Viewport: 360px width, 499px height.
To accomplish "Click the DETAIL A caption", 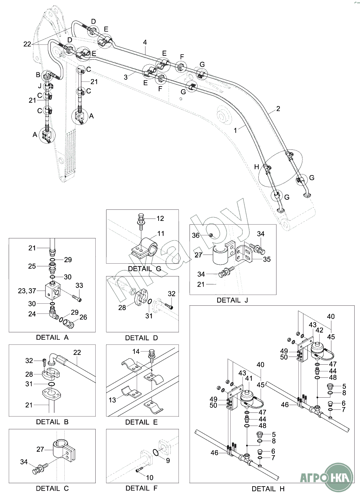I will tap(52, 337).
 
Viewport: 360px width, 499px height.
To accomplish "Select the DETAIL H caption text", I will tap(268, 489).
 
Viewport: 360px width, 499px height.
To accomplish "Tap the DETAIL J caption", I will tap(232, 300).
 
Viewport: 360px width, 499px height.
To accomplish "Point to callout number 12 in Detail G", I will tap(160, 219).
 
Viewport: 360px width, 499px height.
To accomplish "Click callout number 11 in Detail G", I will tap(161, 233).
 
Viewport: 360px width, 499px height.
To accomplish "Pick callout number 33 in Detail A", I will tap(79, 286).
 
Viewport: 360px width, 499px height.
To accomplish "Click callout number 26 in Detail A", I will tap(83, 317).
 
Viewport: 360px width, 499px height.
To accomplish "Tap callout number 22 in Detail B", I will tap(77, 352).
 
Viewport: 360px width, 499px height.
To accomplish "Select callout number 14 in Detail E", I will tap(136, 352).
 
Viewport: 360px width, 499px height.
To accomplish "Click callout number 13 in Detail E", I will tap(112, 400).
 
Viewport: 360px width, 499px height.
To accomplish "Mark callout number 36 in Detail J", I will tap(196, 236).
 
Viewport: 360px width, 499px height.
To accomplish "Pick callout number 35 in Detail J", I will tap(267, 259).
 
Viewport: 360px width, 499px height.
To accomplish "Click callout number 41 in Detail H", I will tap(249, 378).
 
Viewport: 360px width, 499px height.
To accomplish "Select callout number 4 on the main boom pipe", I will tap(145, 42).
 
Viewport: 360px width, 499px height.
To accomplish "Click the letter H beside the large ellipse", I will tap(257, 167).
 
